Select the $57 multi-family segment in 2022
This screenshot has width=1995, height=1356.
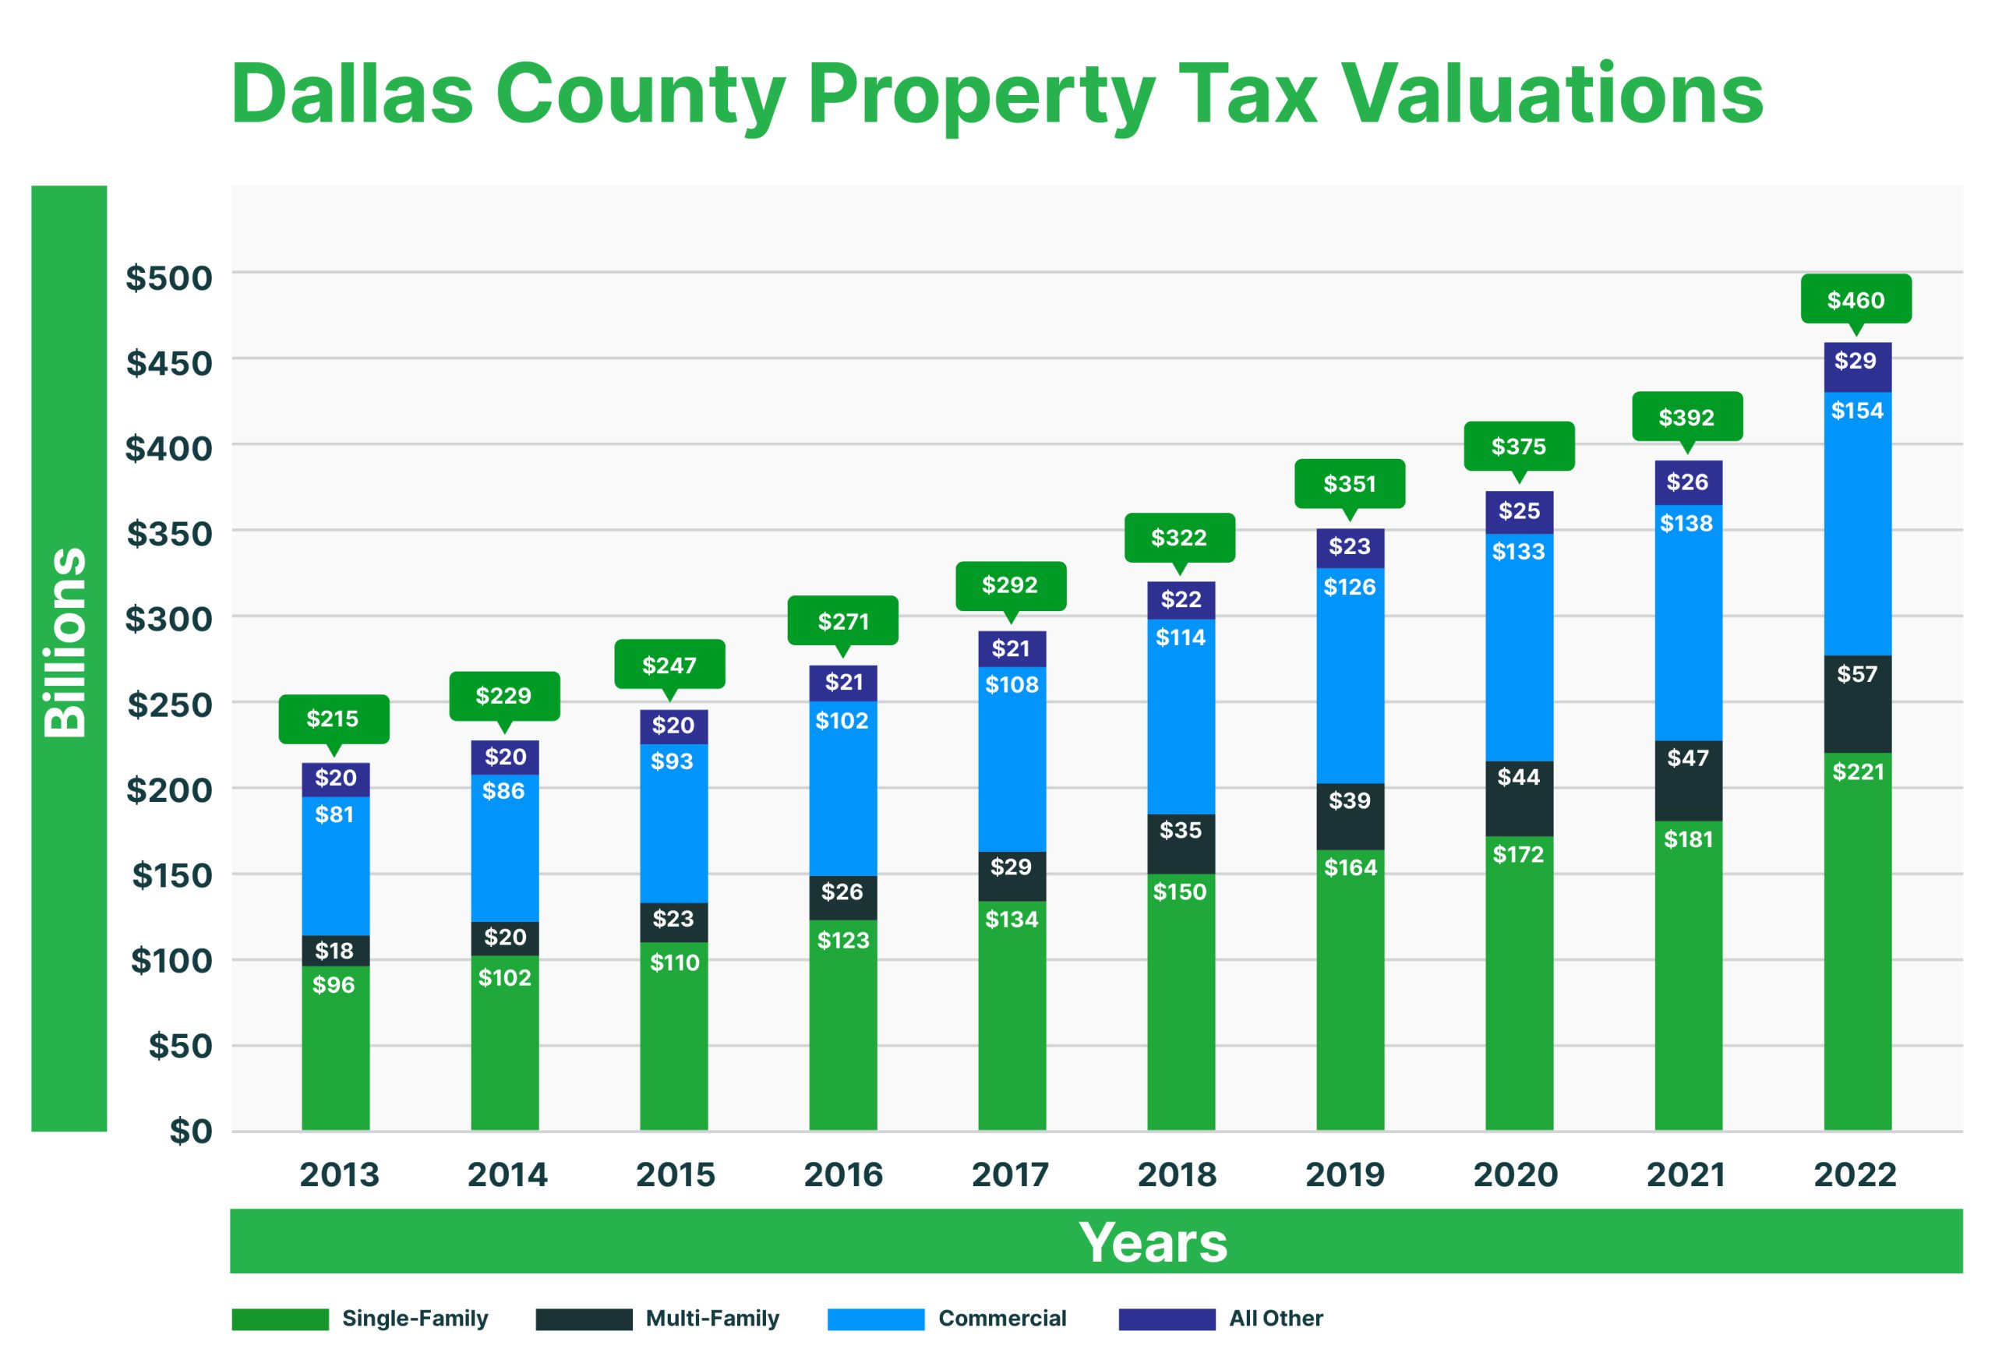pyautogui.click(x=1857, y=704)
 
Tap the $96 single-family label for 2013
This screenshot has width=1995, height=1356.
pyautogui.click(x=334, y=984)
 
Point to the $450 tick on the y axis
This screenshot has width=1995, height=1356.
pyautogui.click(x=169, y=363)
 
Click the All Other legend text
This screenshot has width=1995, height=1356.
pyautogui.click(x=1276, y=1319)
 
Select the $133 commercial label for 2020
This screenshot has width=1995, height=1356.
pyautogui.click(x=1518, y=551)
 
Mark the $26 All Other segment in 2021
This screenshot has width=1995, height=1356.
pyautogui.click(x=1688, y=482)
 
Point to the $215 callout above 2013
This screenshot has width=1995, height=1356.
pyautogui.click(x=333, y=719)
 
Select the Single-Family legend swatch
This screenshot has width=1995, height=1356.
pyautogui.click(x=280, y=1319)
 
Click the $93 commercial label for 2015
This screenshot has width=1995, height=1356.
pyautogui.click(x=673, y=761)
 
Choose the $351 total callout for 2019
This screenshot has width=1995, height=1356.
pyautogui.click(x=1350, y=484)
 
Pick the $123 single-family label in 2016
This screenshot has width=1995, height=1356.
pyautogui.click(x=843, y=940)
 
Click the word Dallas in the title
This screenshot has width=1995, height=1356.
pyautogui.click(x=352, y=94)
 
